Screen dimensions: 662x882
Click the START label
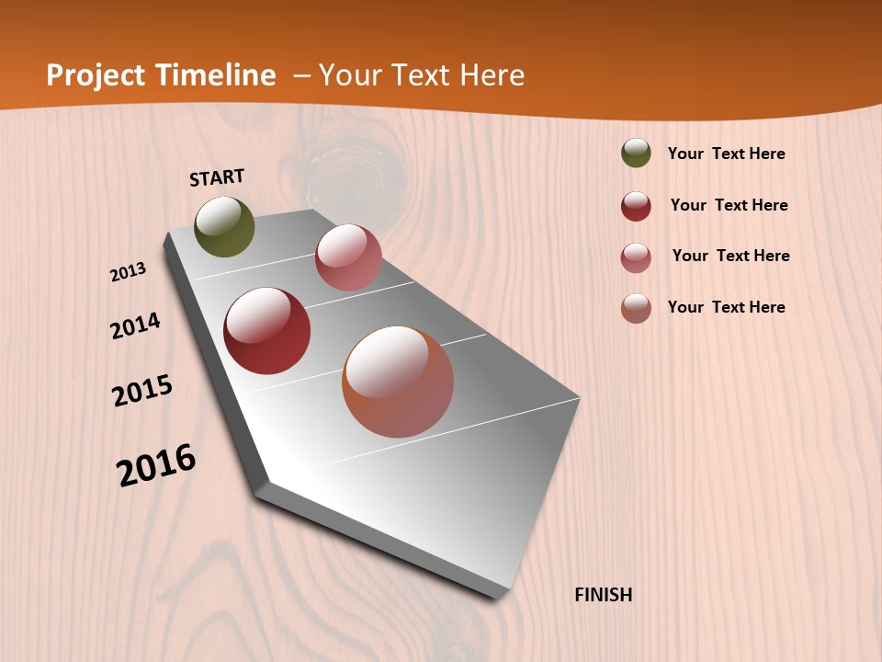point(217,177)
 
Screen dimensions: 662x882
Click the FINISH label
point(604,595)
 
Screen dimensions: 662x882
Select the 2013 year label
point(128,272)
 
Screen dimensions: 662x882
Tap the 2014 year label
point(135,326)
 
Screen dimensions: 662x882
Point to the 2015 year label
point(142,391)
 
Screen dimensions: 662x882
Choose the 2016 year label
point(156,464)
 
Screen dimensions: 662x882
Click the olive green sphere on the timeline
point(224,226)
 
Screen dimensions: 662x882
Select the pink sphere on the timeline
point(348,257)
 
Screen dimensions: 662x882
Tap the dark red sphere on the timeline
point(266,331)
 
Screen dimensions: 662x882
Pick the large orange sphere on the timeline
point(398,382)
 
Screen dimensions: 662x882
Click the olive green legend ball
point(636,153)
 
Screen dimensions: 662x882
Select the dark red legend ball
point(636,206)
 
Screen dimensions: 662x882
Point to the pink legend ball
point(636,257)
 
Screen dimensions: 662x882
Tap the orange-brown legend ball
point(636,308)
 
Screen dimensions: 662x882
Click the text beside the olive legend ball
point(726,154)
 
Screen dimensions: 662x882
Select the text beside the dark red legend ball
point(729,205)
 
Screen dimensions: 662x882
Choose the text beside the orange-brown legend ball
point(726,307)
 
